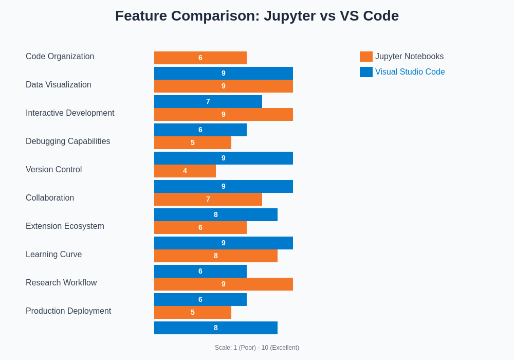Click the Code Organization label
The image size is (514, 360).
60,57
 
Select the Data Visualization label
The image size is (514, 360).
59,85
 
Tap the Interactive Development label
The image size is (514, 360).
70,113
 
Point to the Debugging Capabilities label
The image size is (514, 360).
68,141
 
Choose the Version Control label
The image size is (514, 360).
53,170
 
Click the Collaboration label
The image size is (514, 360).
50,198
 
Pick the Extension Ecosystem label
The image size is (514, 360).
65,226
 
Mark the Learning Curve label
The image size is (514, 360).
53,255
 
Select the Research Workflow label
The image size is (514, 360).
61,283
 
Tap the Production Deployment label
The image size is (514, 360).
68,311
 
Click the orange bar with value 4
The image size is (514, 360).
185,171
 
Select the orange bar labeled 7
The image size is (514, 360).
208,199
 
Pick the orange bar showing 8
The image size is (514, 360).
216,256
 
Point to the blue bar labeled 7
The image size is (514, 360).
208,101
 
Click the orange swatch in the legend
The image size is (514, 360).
366,57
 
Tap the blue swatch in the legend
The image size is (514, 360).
366,72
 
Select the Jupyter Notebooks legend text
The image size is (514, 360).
409,57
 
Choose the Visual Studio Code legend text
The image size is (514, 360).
410,72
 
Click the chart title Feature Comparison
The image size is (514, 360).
257,16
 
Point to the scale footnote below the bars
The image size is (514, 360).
257,348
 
